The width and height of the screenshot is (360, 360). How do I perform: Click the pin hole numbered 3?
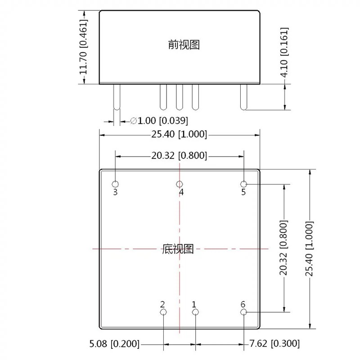tap(116, 184)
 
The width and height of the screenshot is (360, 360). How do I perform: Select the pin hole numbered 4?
tap(180, 184)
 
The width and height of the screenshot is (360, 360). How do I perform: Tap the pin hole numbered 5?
tap(243, 184)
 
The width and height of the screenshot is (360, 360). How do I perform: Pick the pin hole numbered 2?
tap(163, 312)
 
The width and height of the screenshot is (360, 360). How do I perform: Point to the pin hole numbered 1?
tap(195, 312)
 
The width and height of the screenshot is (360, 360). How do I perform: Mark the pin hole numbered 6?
tap(243, 312)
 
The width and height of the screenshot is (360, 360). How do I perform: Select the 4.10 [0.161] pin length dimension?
tap(284, 53)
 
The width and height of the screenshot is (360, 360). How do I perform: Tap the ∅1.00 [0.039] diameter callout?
tap(159, 121)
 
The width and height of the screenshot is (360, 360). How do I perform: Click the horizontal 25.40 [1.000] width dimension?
tap(179, 134)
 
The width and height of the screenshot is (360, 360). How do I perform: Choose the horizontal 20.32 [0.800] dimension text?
tap(179, 156)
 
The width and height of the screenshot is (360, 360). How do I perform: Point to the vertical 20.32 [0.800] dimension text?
tap(283, 247)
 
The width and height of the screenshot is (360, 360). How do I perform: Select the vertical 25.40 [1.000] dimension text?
tap(310, 248)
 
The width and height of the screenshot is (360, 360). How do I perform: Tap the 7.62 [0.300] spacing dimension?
tap(274, 344)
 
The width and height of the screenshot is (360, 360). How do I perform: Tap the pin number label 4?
tap(181, 193)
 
